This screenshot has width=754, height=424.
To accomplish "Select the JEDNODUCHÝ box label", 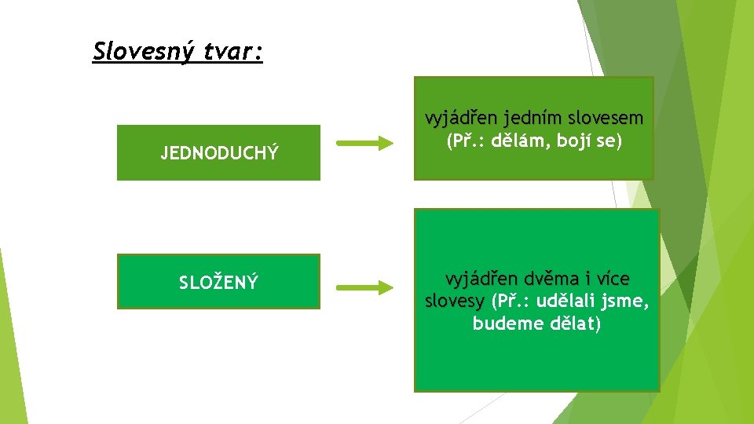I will pyautogui.click(x=219, y=153).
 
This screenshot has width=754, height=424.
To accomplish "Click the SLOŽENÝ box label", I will pyautogui.click(x=219, y=282).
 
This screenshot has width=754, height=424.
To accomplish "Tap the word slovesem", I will pyautogui.click(x=606, y=119).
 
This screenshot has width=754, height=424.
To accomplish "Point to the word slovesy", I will pyautogui.click(x=454, y=302).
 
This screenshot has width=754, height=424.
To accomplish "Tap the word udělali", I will pyautogui.click(x=565, y=302).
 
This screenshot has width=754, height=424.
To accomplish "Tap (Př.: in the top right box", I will pyautogui.click(x=467, y=143).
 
